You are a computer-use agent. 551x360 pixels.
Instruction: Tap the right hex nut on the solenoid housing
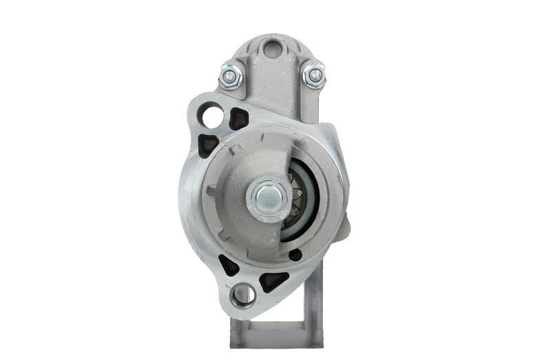click(x=314, y=74)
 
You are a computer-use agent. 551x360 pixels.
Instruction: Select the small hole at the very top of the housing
click(x=273, y=49)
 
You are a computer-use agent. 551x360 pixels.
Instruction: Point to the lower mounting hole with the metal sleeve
click(x=242, y=295)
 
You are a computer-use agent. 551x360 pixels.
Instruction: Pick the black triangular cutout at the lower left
click(x=228, y=265)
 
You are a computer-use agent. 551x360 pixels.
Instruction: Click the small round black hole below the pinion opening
click(x=295, y=255)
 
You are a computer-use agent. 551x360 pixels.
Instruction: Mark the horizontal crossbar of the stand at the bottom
click(x=275, y=341)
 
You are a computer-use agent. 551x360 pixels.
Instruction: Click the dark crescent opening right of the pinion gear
click(x=310, y=200)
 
